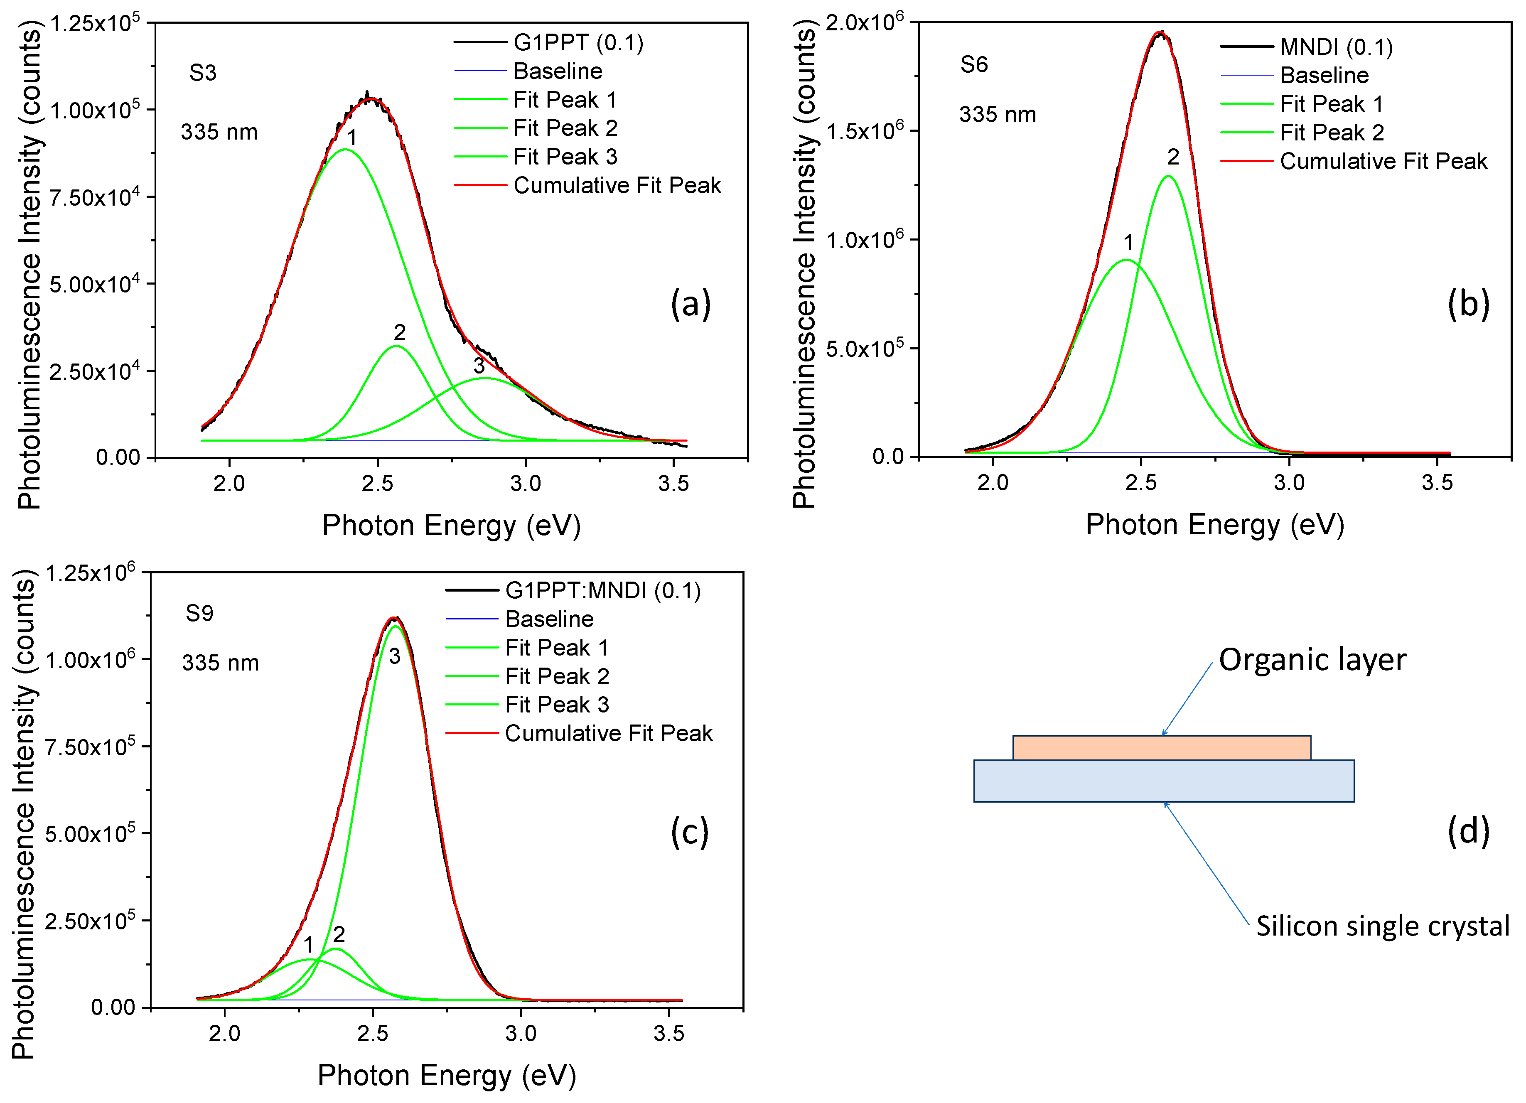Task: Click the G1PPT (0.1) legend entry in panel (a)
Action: click(x=578, y=43)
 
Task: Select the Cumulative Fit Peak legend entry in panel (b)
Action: click(x=1383, y=162)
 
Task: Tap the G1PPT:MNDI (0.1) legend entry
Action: click(x=602, y=591)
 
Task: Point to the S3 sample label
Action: click(x=202, y=73)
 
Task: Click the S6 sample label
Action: click(x=973, y=65)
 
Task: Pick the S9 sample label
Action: click(x=199, y=614)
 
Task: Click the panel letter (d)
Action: click(x=1468, y=832)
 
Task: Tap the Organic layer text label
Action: click(x=1312, y=659)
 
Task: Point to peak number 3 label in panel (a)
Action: click(x=478, y=366)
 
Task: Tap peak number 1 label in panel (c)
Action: click(x=308, y=945)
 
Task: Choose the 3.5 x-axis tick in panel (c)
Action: click(x=669, y=1033)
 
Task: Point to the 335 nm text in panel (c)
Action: click(x=220, y=663)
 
